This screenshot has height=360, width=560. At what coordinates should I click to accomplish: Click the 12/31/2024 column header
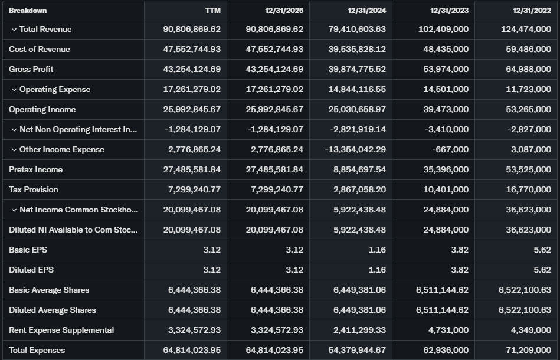click(366, 10)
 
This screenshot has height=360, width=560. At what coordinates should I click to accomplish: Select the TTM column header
click(212, 10)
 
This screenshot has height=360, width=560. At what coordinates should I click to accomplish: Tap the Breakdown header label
click(28, 10)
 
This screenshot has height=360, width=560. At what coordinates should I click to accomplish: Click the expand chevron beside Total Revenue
click(14, 30)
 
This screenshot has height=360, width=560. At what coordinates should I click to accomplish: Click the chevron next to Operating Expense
click(14, 90)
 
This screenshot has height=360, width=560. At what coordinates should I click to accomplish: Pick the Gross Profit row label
click(31, 69)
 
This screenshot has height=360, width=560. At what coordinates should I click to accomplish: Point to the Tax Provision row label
click(34, 189)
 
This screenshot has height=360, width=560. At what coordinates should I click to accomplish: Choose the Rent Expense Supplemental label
click(61, 330)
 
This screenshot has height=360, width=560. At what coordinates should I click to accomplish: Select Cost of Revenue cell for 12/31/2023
click(446, 49)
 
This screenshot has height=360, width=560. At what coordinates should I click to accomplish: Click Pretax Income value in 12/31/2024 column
click(357, 169)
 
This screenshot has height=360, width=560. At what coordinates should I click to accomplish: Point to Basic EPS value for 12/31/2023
click(460, 250)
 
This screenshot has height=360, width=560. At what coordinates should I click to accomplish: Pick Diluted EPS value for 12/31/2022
click(542, 270)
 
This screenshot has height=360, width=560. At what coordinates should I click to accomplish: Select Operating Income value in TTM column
click(192, 109)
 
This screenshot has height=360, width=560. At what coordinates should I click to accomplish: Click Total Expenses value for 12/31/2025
click(274, 350)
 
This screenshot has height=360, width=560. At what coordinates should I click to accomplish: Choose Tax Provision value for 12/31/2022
click(529, 189)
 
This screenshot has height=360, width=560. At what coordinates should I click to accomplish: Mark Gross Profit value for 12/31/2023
click(446, 69)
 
